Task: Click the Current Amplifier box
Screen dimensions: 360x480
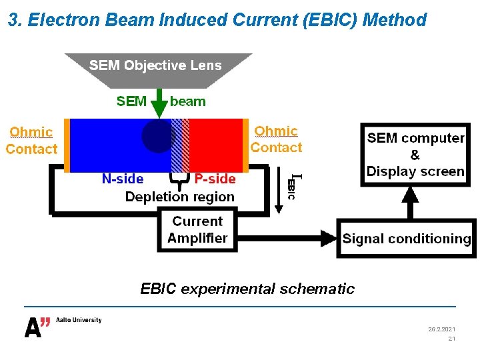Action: tap(197, 230)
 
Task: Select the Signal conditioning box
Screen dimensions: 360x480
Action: tap(406, 239)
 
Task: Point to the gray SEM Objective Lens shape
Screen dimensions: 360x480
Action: tap(158, 69)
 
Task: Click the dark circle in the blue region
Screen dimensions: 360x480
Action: tap(157, 136)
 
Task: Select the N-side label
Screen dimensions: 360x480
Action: tap(122, 179)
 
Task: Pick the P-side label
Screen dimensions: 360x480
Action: tap(215, 179)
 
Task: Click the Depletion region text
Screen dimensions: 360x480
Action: tap(180, 197)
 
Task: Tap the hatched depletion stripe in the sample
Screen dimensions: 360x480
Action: tap(180, 145)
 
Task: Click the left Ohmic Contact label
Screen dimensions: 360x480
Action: tap(31, 141)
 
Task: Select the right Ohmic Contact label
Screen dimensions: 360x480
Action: tap(276, 139)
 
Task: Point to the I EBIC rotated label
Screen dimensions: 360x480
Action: tap(293, 187)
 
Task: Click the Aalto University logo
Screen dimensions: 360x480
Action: tap(63, 325)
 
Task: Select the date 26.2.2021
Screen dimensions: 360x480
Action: tap(441, 329)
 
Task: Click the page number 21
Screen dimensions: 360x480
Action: tap(451, 339)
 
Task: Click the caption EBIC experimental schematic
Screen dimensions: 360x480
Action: tap(247, 289)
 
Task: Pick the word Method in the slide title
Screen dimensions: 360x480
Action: tap(396, 20)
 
